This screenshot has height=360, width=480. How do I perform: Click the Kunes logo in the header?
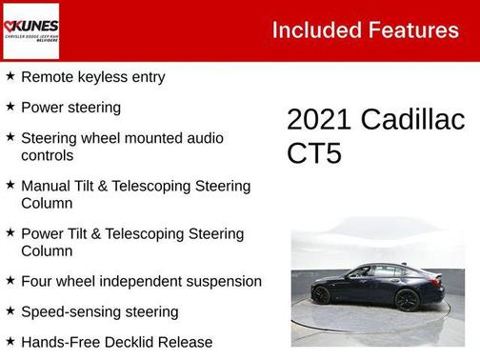(31, 30)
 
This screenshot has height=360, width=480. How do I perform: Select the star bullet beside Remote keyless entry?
(10, 76)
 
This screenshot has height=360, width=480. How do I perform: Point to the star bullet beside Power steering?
(10, 107)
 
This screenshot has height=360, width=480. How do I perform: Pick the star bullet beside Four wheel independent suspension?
(10, 281)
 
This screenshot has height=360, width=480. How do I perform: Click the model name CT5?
(313, 153)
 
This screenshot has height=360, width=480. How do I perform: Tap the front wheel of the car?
(322, 295)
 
